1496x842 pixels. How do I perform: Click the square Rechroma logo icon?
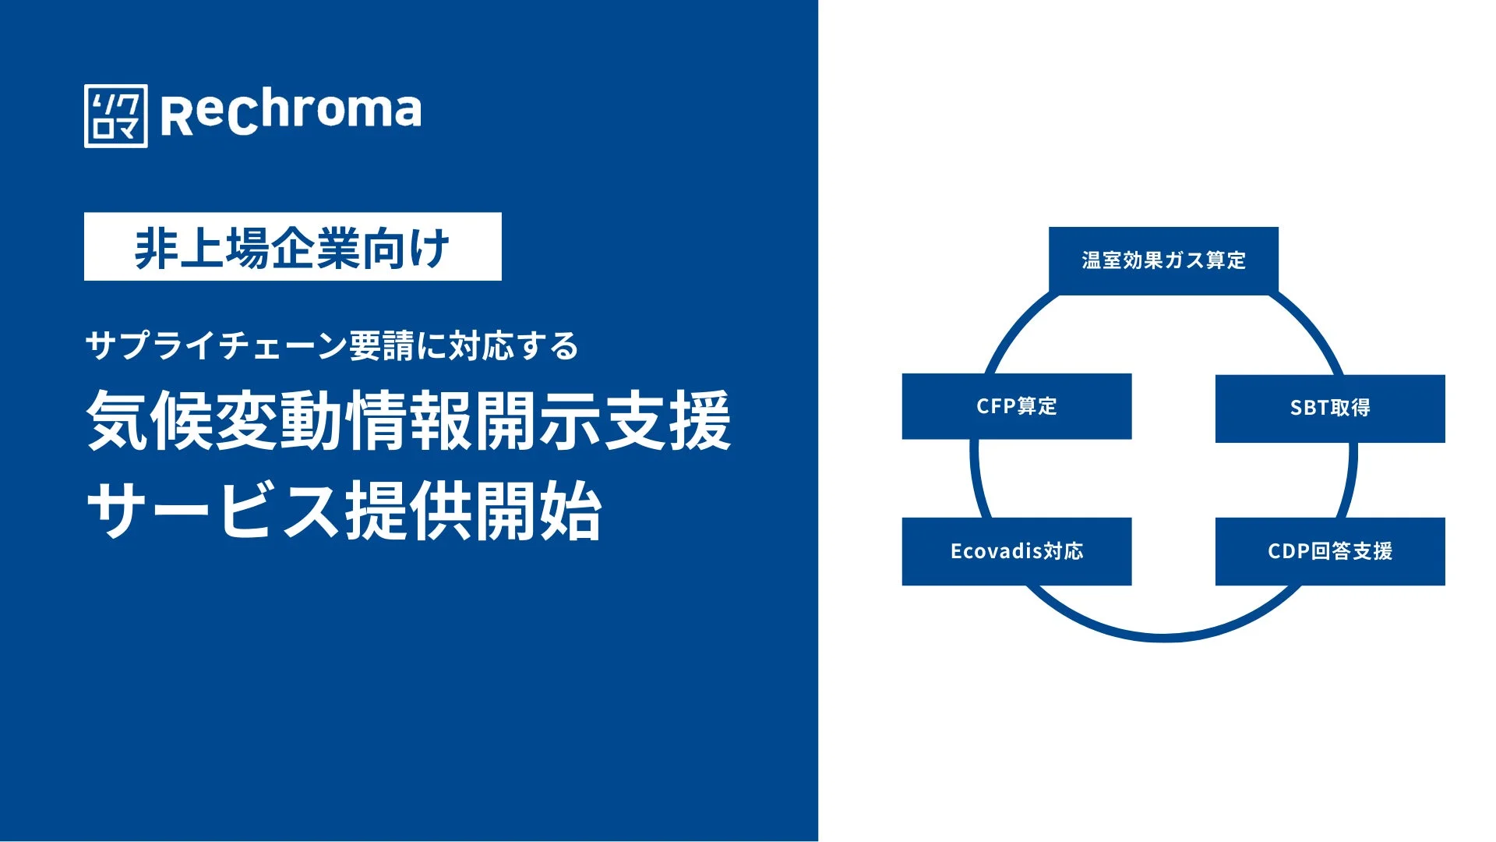coord(115,116)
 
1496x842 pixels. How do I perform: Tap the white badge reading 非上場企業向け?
coord(292,246)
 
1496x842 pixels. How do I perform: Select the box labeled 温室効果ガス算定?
coord(1163,260)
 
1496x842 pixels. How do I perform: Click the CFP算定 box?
coord(1017,406)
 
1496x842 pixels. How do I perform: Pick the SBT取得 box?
coord(1330,409)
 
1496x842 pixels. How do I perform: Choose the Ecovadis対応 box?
coord(1017,551)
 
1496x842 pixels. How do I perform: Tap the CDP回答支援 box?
coord(1330,551)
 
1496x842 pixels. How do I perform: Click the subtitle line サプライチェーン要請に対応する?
coord(332,345)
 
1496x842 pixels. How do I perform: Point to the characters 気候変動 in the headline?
coord(214,420)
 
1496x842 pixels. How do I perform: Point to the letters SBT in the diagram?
coord(1308,409)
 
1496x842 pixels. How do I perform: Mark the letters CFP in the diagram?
coord(995,406)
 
